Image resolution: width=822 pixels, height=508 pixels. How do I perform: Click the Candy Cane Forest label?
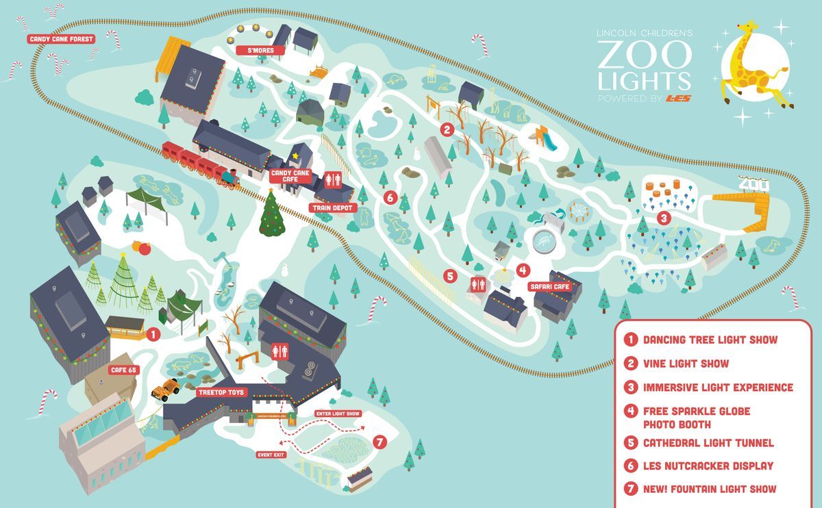[61, 39]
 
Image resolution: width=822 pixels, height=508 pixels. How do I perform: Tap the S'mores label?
[255, 51]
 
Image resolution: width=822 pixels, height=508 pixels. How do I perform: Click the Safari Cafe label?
[549, 286]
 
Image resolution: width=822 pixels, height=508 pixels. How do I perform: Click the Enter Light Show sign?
[337, 414]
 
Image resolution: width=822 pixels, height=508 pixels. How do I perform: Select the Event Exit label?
[271, 454]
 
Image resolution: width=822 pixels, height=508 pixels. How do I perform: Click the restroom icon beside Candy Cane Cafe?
[332, 180]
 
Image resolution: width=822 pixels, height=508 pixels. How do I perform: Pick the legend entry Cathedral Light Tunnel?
[708, 443]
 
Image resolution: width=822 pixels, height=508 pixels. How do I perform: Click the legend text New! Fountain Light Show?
[709, 489]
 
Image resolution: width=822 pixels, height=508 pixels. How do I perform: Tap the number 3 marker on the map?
[662, 218]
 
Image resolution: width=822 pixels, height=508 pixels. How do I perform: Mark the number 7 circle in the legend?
[630, 489]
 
